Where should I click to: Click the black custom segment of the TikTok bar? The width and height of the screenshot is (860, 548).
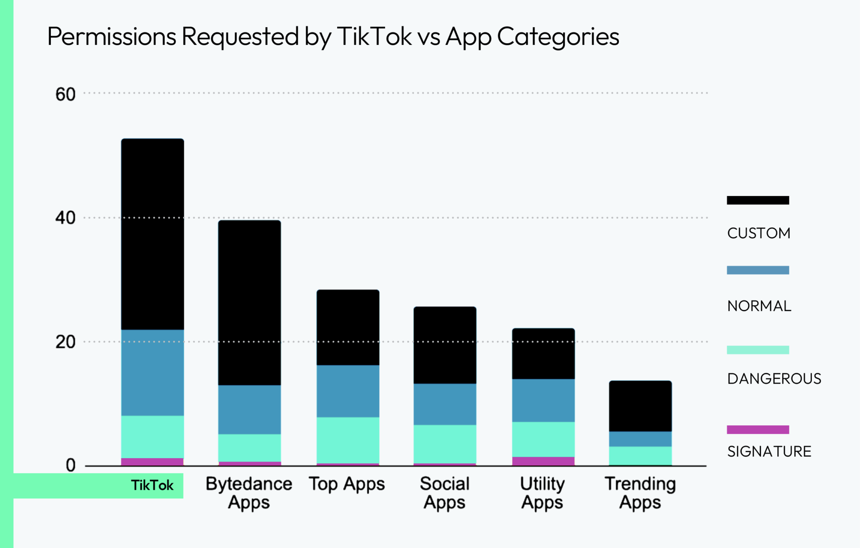(152, 234)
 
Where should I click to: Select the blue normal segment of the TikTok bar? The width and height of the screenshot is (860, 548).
(152, 372)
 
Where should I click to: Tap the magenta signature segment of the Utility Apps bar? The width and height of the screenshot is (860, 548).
(543, 461)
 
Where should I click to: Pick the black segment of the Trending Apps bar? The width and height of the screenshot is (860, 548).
(640, 406)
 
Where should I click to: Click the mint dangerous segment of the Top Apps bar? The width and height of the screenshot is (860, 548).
(348, 440)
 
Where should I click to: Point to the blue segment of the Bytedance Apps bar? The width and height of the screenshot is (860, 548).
(249, 409)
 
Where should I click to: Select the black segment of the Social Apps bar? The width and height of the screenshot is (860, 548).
(445, 345)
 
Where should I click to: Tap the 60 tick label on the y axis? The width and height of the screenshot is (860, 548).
(65, 94)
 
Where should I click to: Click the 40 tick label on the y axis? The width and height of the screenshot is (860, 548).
(65, 218)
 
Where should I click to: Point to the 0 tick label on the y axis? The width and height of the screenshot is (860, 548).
(71, 465)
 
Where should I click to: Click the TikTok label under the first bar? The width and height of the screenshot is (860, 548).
(152, 485)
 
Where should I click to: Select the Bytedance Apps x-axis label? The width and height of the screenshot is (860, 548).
(249, 493)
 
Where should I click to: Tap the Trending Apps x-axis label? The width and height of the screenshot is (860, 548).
(640, 493)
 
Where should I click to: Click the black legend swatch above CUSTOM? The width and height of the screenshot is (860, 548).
(758, 200)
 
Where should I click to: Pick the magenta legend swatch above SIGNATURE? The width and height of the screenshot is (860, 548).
(758, 429)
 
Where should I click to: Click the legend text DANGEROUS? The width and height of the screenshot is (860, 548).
(774, 378)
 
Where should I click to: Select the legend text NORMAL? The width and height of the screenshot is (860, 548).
(759, 306)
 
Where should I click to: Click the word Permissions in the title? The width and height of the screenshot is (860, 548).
(111, 37)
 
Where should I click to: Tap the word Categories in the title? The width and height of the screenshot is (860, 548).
(558, 37)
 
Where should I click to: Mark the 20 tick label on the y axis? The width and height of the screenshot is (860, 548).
(65, 342)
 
